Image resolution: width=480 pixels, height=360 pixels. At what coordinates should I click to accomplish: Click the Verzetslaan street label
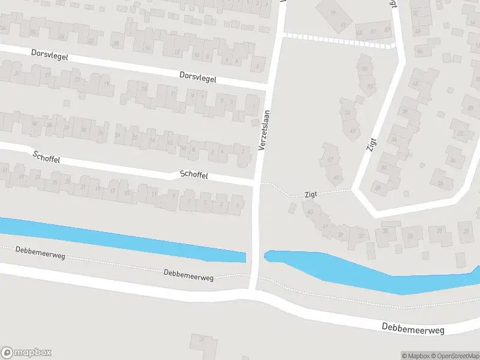264,130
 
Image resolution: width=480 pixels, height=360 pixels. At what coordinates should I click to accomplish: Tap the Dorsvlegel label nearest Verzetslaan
197,77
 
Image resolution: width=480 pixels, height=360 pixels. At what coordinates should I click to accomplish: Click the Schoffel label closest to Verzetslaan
194,175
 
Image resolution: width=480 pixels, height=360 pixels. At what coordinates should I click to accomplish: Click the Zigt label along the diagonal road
374,145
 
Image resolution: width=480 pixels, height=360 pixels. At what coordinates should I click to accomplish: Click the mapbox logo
26,353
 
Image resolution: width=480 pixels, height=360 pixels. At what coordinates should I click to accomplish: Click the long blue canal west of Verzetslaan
120,239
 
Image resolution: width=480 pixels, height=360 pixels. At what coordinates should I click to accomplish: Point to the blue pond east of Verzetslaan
360,273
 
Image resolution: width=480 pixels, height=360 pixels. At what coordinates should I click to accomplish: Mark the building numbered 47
330,160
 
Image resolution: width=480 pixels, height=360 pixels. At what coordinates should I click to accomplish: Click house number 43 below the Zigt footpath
310,212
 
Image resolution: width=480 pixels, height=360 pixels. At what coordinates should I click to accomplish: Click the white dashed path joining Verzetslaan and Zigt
339,40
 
